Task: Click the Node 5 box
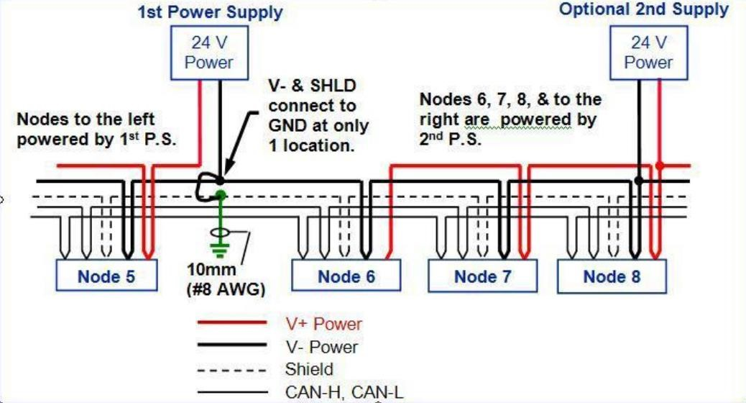pyautogui.click(x=106, y=276)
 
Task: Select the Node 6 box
pyautogui.click(x=346, y=276)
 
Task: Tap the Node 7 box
pyautogui.click(x=482, y=276)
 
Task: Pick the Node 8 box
pyautogui.click(x=612, y=276)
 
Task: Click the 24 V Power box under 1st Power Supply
pyautogui.click(x=208, y=53)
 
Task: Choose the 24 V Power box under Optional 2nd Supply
pyautogui.click(x=648, y=53)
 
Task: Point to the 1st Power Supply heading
pyautogui.click(x=209, y=12)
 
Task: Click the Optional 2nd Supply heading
pyautogui.click(x=643, y=10)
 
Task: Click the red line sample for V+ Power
pyautogui.click(x=236, y=324)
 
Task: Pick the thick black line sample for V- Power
pyautogui.click(x=236, y=347)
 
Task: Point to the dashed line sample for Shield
pyautogui.click(x=236, y=370)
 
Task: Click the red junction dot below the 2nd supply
pyautogui.click(x=659, y=166)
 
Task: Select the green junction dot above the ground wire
pyautogui.click(x=221, y=194)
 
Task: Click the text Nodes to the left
pyautogui.click(x=86, y=119)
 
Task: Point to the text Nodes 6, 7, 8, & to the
pyautogui.click(x=510, y=99)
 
